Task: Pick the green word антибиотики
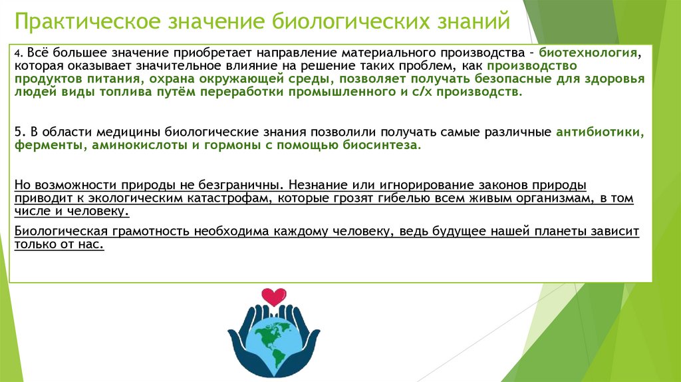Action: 601,132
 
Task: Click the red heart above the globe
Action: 273,295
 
